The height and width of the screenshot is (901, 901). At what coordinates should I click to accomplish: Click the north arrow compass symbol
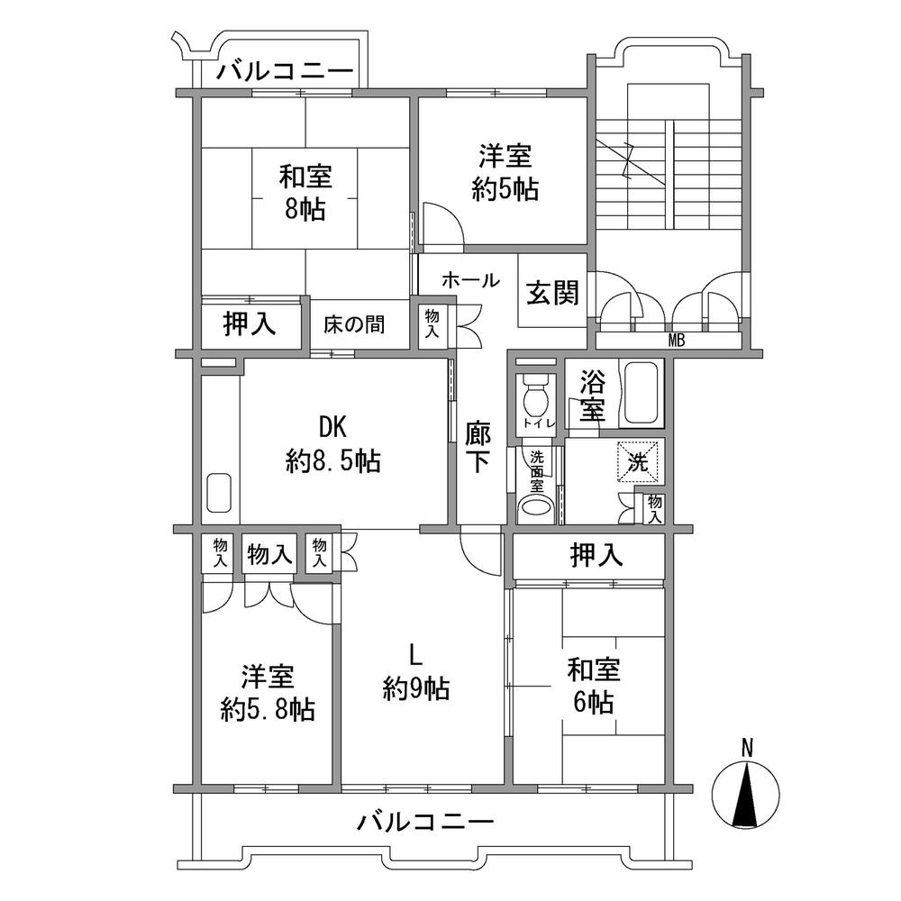click(x=745, y=794)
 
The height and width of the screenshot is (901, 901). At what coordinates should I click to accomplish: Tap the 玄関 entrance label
click(x=552, y=293)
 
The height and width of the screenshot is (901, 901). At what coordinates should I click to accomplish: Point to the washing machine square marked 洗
click(x=638, y=462)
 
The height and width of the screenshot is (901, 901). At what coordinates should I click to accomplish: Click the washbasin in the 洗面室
click(x=538, y=506)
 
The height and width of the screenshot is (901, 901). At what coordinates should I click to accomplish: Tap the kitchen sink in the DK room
click(x=220, y=495)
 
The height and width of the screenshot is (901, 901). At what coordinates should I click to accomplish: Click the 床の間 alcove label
click(x=354, y=324)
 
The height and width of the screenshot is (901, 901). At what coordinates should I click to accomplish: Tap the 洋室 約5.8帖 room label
click(x=268, y=693)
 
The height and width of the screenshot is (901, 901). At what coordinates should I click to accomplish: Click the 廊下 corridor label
click(x=478, y=447)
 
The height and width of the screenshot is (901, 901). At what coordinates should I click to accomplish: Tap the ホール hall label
click(x=469, y=280)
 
